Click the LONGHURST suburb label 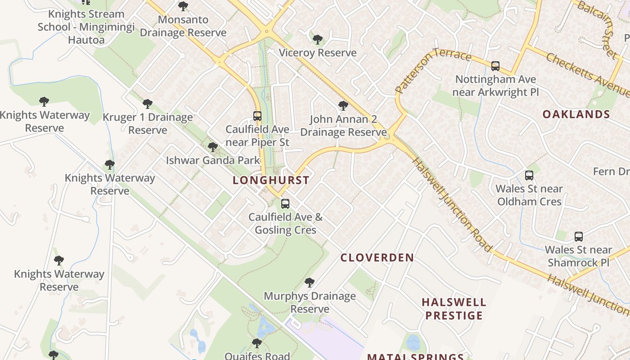(271, 180)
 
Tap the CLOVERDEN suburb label (377, 258)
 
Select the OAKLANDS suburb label (576, 114)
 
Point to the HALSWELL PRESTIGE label (454, 309)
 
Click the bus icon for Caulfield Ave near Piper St (257, 116)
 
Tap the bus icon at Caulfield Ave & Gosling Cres (285, 204)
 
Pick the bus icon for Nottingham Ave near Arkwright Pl (495, 66)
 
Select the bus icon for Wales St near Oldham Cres (529, 175)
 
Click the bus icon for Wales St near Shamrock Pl (579, 237)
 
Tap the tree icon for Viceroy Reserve (318, 40)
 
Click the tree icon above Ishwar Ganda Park (213, 147)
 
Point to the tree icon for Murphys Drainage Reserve (309, 283)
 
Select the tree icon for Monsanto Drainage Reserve (183, 6)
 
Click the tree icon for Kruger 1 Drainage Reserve (148, 104)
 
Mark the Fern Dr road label (611, 171)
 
